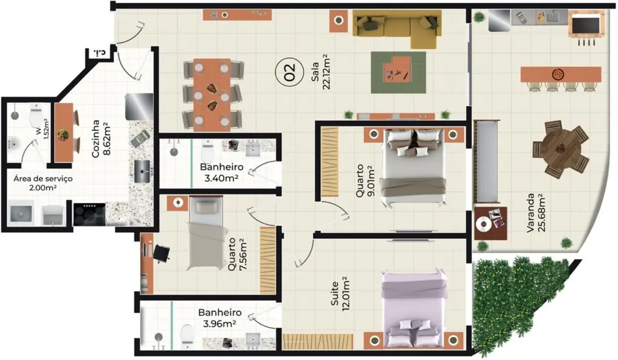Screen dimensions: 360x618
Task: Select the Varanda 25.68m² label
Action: coord(535,212)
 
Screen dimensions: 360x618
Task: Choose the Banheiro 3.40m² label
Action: coord(219,172)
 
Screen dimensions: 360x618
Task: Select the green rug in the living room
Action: coord(398,73)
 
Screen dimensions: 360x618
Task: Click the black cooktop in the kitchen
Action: coord(89,214)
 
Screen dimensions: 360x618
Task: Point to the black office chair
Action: coord(161,253)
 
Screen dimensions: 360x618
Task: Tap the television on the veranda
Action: coord(585,24)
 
